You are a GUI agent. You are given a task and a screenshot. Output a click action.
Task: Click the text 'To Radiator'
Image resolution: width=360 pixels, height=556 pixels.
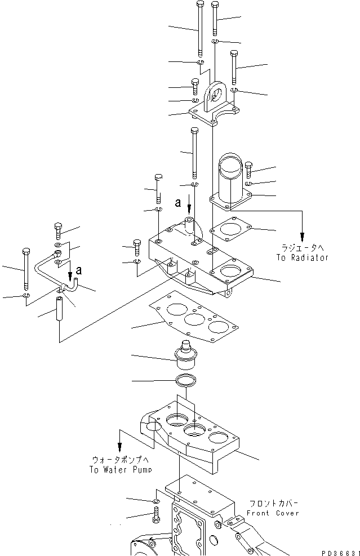302,257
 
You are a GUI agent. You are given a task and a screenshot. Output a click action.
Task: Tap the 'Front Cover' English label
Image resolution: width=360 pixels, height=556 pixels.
273,513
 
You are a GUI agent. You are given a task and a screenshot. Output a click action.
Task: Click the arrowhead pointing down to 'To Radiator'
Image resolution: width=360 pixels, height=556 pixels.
303,235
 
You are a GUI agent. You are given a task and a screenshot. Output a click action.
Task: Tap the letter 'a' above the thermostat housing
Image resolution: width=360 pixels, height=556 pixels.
179,201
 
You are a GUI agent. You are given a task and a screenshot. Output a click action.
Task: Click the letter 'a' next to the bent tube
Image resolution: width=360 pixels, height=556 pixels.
78,270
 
